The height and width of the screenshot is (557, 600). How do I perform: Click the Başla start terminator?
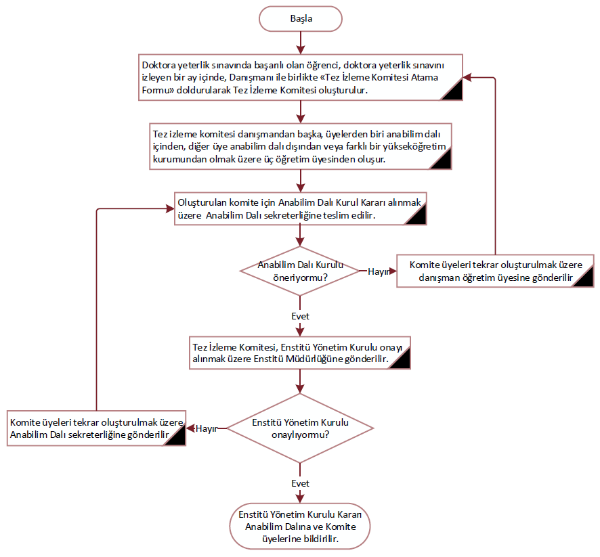pos(301,18)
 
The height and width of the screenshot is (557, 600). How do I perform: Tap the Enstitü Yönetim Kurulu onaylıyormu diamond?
pos(300,428)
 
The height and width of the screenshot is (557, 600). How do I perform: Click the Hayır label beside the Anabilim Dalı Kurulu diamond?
pos(378,271)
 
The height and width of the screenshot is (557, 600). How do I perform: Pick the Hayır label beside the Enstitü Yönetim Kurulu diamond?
pos(205,428)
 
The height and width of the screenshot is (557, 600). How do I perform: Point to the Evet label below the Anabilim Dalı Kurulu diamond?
pos(300,316)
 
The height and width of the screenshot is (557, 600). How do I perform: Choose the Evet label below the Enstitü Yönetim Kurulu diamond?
pos(300,483)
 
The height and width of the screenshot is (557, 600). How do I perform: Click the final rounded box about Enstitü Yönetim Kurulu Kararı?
pos(300,526)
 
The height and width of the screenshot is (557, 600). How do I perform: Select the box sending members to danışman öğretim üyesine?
pos(495,271)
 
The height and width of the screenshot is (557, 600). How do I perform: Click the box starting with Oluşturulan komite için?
pos(300,208)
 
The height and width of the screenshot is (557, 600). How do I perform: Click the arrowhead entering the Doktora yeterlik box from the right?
pos(467,78)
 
